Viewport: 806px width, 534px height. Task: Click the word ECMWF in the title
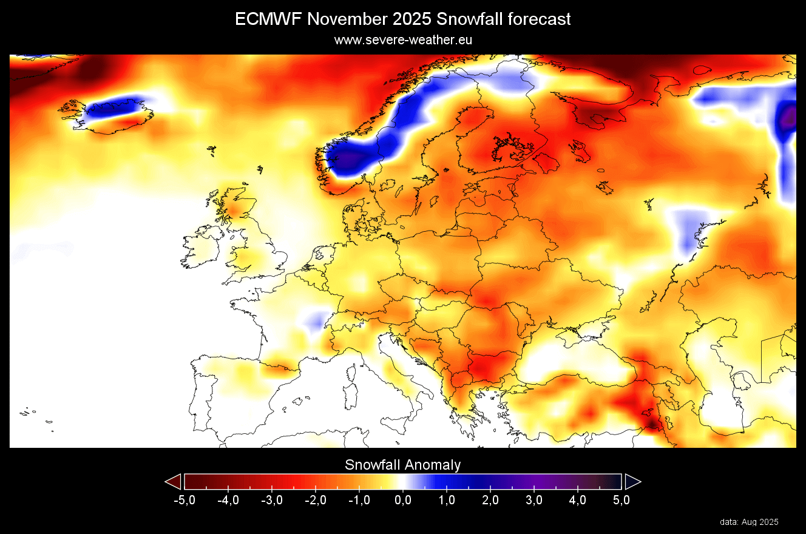pos(268,19)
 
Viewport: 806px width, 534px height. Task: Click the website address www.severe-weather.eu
pos(403,40)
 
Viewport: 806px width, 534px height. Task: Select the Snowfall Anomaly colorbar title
pos(403,465)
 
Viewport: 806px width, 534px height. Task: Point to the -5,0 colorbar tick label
pos(184,501)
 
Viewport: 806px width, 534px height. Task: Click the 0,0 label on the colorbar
pos(403,501)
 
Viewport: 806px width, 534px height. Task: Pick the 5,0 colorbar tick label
pos(621,501)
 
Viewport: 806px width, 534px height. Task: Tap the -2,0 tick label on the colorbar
pos(315,501)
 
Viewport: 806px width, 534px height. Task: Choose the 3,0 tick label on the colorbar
pos(534,501)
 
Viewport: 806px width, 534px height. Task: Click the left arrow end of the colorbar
pos(174,482)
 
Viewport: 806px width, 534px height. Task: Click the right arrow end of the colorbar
pos(632,482)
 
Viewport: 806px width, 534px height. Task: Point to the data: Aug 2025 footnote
pos(749,522)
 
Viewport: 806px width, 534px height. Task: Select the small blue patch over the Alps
pos(314,320)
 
